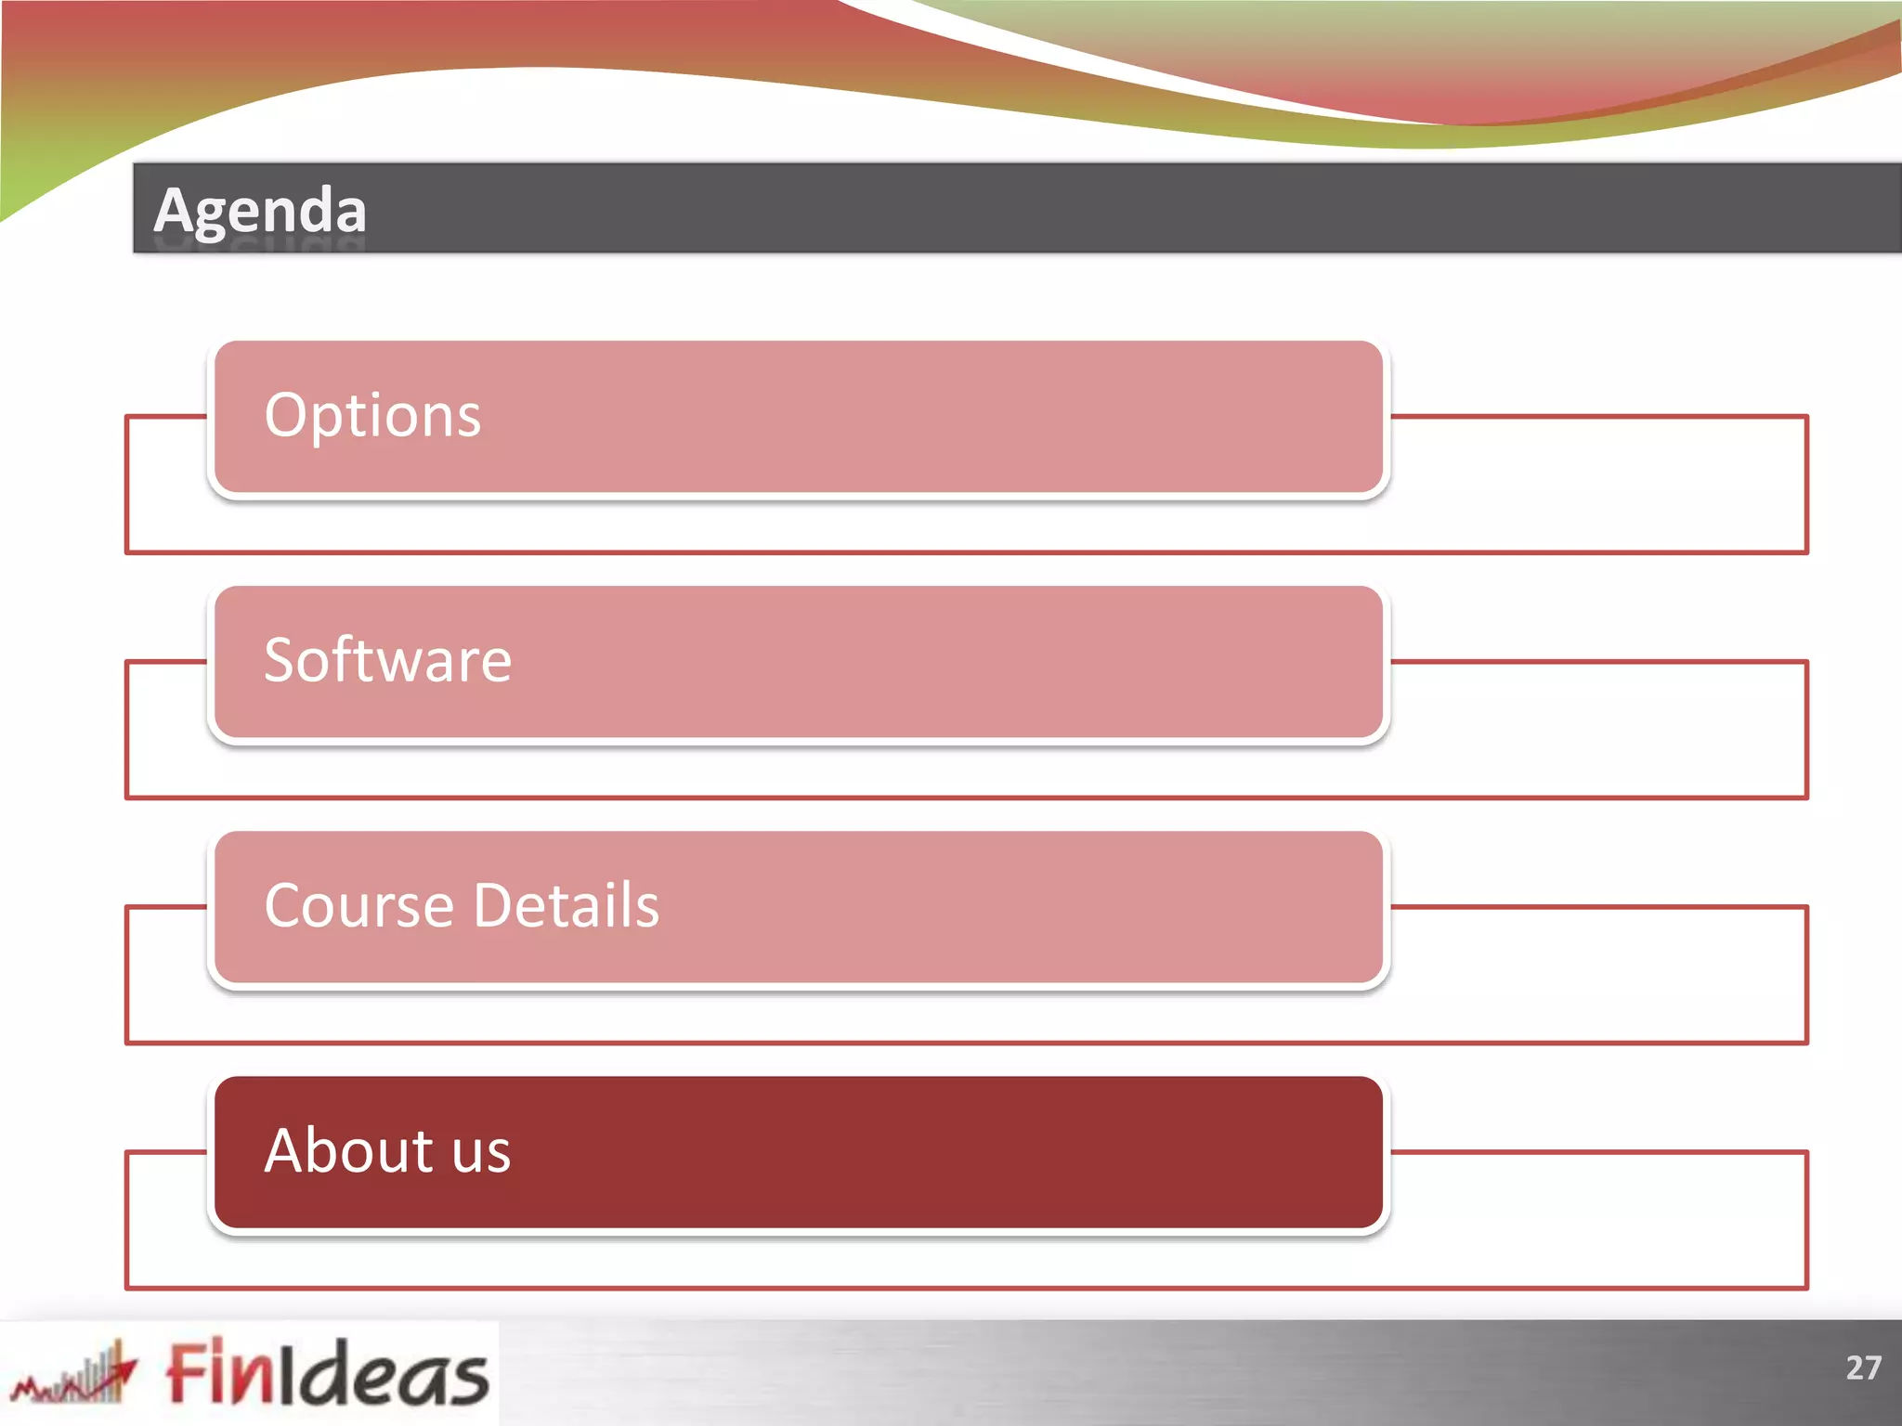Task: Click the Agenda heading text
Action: [x=260, y=210]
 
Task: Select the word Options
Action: [x=372, y=415]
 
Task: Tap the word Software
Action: [x=387, y=660]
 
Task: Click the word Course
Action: [x=358, y=905]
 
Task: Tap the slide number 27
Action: [x=1863, y=1368]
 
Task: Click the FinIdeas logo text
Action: [x=327, y=1371]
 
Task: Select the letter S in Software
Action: [x=280, y=660]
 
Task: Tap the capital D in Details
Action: [x=494, y=905]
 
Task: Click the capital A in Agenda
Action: [x=174, y=210]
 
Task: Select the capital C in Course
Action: [x=284, y=905]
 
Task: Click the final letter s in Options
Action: [x=468, y=417]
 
